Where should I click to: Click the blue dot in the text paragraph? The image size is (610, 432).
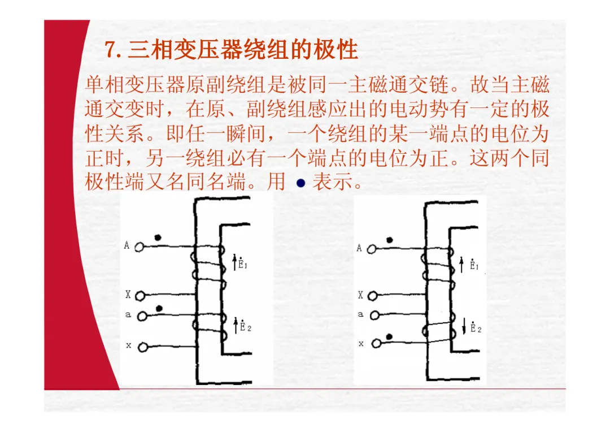click(x=300, y=183)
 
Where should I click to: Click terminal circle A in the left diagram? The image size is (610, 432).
click(x=141, y=247)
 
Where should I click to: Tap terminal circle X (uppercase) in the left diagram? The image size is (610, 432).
click(x=141, y=295)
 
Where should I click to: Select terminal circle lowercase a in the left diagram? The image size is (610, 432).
click(x=142, y=316)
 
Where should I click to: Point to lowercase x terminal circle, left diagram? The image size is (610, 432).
click(x=143, y=347)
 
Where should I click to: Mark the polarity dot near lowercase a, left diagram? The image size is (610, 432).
click(x=159, y=309)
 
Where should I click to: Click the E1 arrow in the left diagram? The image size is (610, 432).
click(x=235, y=262)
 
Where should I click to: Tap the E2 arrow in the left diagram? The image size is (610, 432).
click(x=236, y=325)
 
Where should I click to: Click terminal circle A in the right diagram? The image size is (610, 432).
click(x=373, y=248)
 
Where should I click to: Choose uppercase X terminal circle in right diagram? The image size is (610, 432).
click(x=373, y=295)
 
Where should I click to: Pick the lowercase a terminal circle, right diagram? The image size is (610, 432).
click(x=373, y=316)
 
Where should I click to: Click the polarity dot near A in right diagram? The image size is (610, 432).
click(x=390, y=240)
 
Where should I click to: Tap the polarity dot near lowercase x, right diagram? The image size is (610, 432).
click(x=389, y=337)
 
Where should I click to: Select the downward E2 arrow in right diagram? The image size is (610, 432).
click(x=464, y=326)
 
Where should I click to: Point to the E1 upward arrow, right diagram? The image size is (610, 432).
click(x=463, y=263)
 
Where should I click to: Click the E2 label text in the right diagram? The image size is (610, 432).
click(x=476, y=328)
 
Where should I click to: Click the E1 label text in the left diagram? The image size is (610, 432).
click(x=242, y=263)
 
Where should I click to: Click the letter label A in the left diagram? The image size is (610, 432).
click(x=127, y=245)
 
